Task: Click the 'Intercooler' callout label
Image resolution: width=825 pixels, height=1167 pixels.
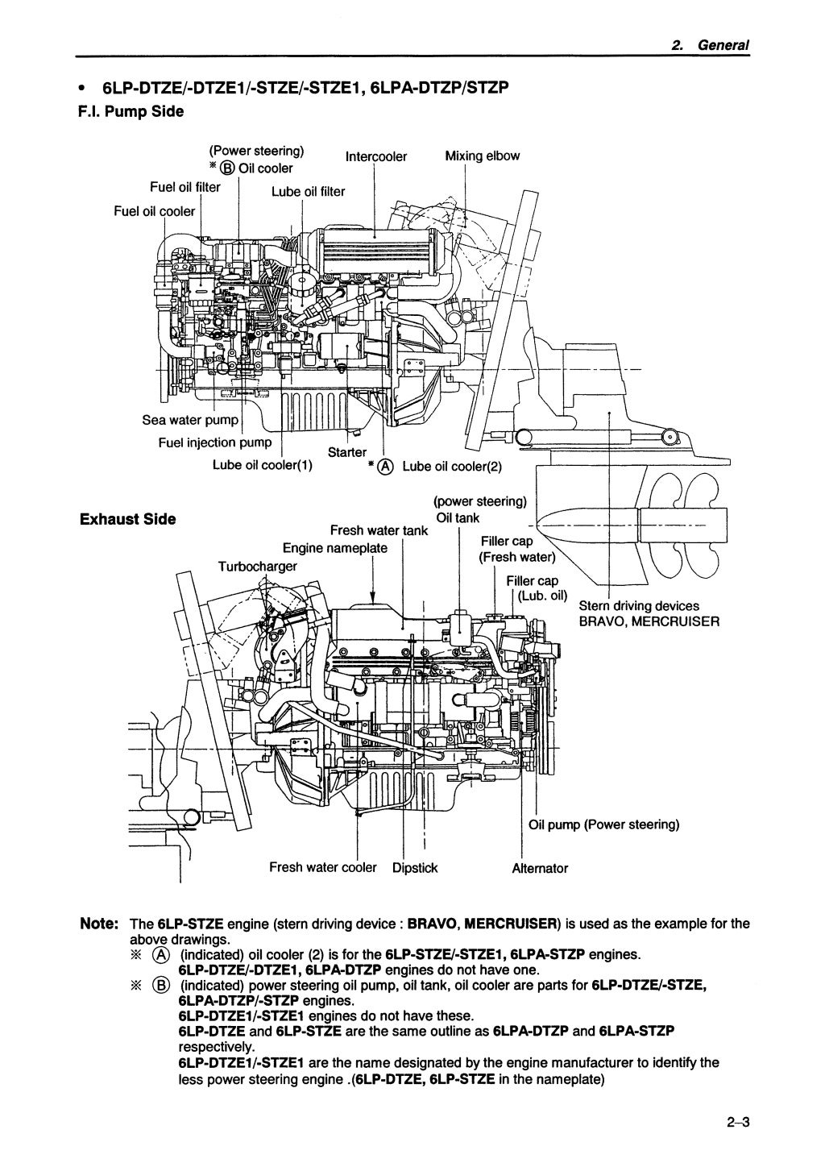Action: pos(376,156)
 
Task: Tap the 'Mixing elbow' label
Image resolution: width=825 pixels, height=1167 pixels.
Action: pos(482,156)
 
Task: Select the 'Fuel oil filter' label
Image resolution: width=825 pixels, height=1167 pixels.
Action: pos(185,187)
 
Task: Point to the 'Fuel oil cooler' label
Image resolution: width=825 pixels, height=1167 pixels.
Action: pos(155,211)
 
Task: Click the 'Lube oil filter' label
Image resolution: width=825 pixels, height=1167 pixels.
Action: pos(308,191)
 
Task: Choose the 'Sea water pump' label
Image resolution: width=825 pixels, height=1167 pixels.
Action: pos(190,420)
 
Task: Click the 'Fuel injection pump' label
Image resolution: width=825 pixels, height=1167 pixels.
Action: pos(215,442)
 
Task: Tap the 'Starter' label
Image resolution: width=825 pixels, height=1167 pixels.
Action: pos(347,452)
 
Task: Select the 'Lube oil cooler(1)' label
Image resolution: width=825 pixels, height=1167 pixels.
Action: pos(263,465)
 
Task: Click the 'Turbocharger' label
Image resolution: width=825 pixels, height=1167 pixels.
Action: pos(258,566)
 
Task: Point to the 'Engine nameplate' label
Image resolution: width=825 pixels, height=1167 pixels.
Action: pos(334,548)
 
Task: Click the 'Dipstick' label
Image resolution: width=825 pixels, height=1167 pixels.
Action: pos(415,868)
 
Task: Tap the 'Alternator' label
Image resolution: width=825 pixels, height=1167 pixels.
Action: pos(540,868)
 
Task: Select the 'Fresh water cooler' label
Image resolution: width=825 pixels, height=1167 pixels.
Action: pos(322,867)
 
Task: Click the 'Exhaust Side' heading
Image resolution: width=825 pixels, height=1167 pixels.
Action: pos(127,519)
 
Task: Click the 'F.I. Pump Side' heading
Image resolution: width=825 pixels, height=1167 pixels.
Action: pos(131,111)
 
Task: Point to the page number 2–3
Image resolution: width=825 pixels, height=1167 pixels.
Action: pos(736,1123)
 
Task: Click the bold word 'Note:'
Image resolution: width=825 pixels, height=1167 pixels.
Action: pos(99,924)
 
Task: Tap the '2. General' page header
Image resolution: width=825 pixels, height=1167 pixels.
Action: pos(711,46)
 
